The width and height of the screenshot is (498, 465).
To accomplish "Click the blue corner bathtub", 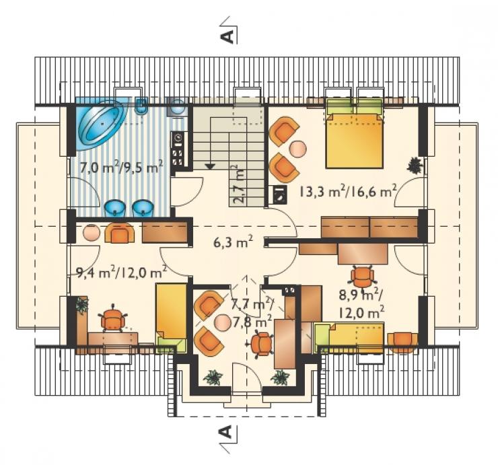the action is coord(102,124).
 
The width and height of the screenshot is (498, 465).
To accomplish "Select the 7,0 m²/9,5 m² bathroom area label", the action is coord(122,167).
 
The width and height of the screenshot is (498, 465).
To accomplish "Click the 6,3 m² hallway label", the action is coord(233,243).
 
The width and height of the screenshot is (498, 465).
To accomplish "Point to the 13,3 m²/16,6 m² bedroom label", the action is coord(348,191).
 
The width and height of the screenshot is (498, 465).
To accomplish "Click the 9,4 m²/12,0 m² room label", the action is coord(122,272).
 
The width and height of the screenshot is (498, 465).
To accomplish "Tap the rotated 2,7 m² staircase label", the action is coord(240,184).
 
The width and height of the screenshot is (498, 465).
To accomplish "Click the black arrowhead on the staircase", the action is coord(209,166).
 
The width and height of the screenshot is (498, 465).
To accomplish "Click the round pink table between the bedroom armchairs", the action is coord(298,148).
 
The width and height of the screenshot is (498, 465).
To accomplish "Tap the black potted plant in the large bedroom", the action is coord(415,165).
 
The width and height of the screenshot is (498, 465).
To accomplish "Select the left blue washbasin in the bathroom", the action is coord(115,208).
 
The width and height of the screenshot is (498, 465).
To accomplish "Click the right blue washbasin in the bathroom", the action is coord(143,208).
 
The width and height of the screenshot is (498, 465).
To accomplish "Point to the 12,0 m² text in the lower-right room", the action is coord(361,313).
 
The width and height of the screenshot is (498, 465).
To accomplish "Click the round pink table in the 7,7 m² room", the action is coord(222,323).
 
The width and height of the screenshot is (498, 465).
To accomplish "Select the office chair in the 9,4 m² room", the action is coord(112,318).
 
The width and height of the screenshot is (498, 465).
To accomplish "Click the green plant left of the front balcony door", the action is coord(213,378).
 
